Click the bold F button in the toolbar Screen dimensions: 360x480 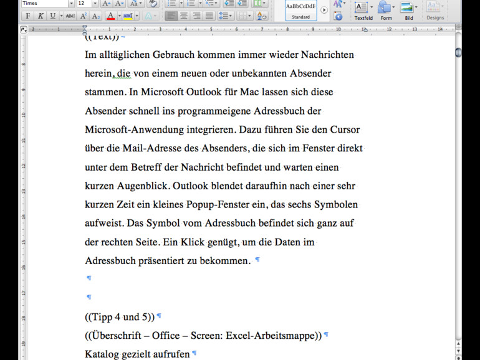(x=27, y=16)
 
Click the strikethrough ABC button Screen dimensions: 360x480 (x=70, y=16)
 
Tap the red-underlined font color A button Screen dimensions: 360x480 (x=110, y=16)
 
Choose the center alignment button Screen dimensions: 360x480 (x=183, y=16)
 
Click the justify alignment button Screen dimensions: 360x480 (x=209, y=16)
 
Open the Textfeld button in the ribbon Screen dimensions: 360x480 (x=362, y=9)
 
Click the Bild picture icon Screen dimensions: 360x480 (x=408, y=9)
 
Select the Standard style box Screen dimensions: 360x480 (x=301, y=10)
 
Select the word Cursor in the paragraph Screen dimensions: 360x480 (x=345, y=130)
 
